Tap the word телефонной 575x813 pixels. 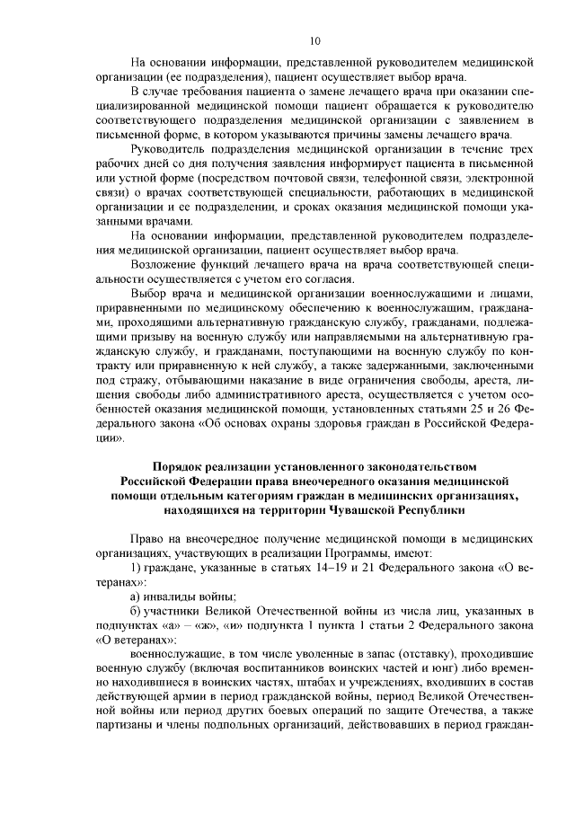pyautogui.click(x=364, y=179)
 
